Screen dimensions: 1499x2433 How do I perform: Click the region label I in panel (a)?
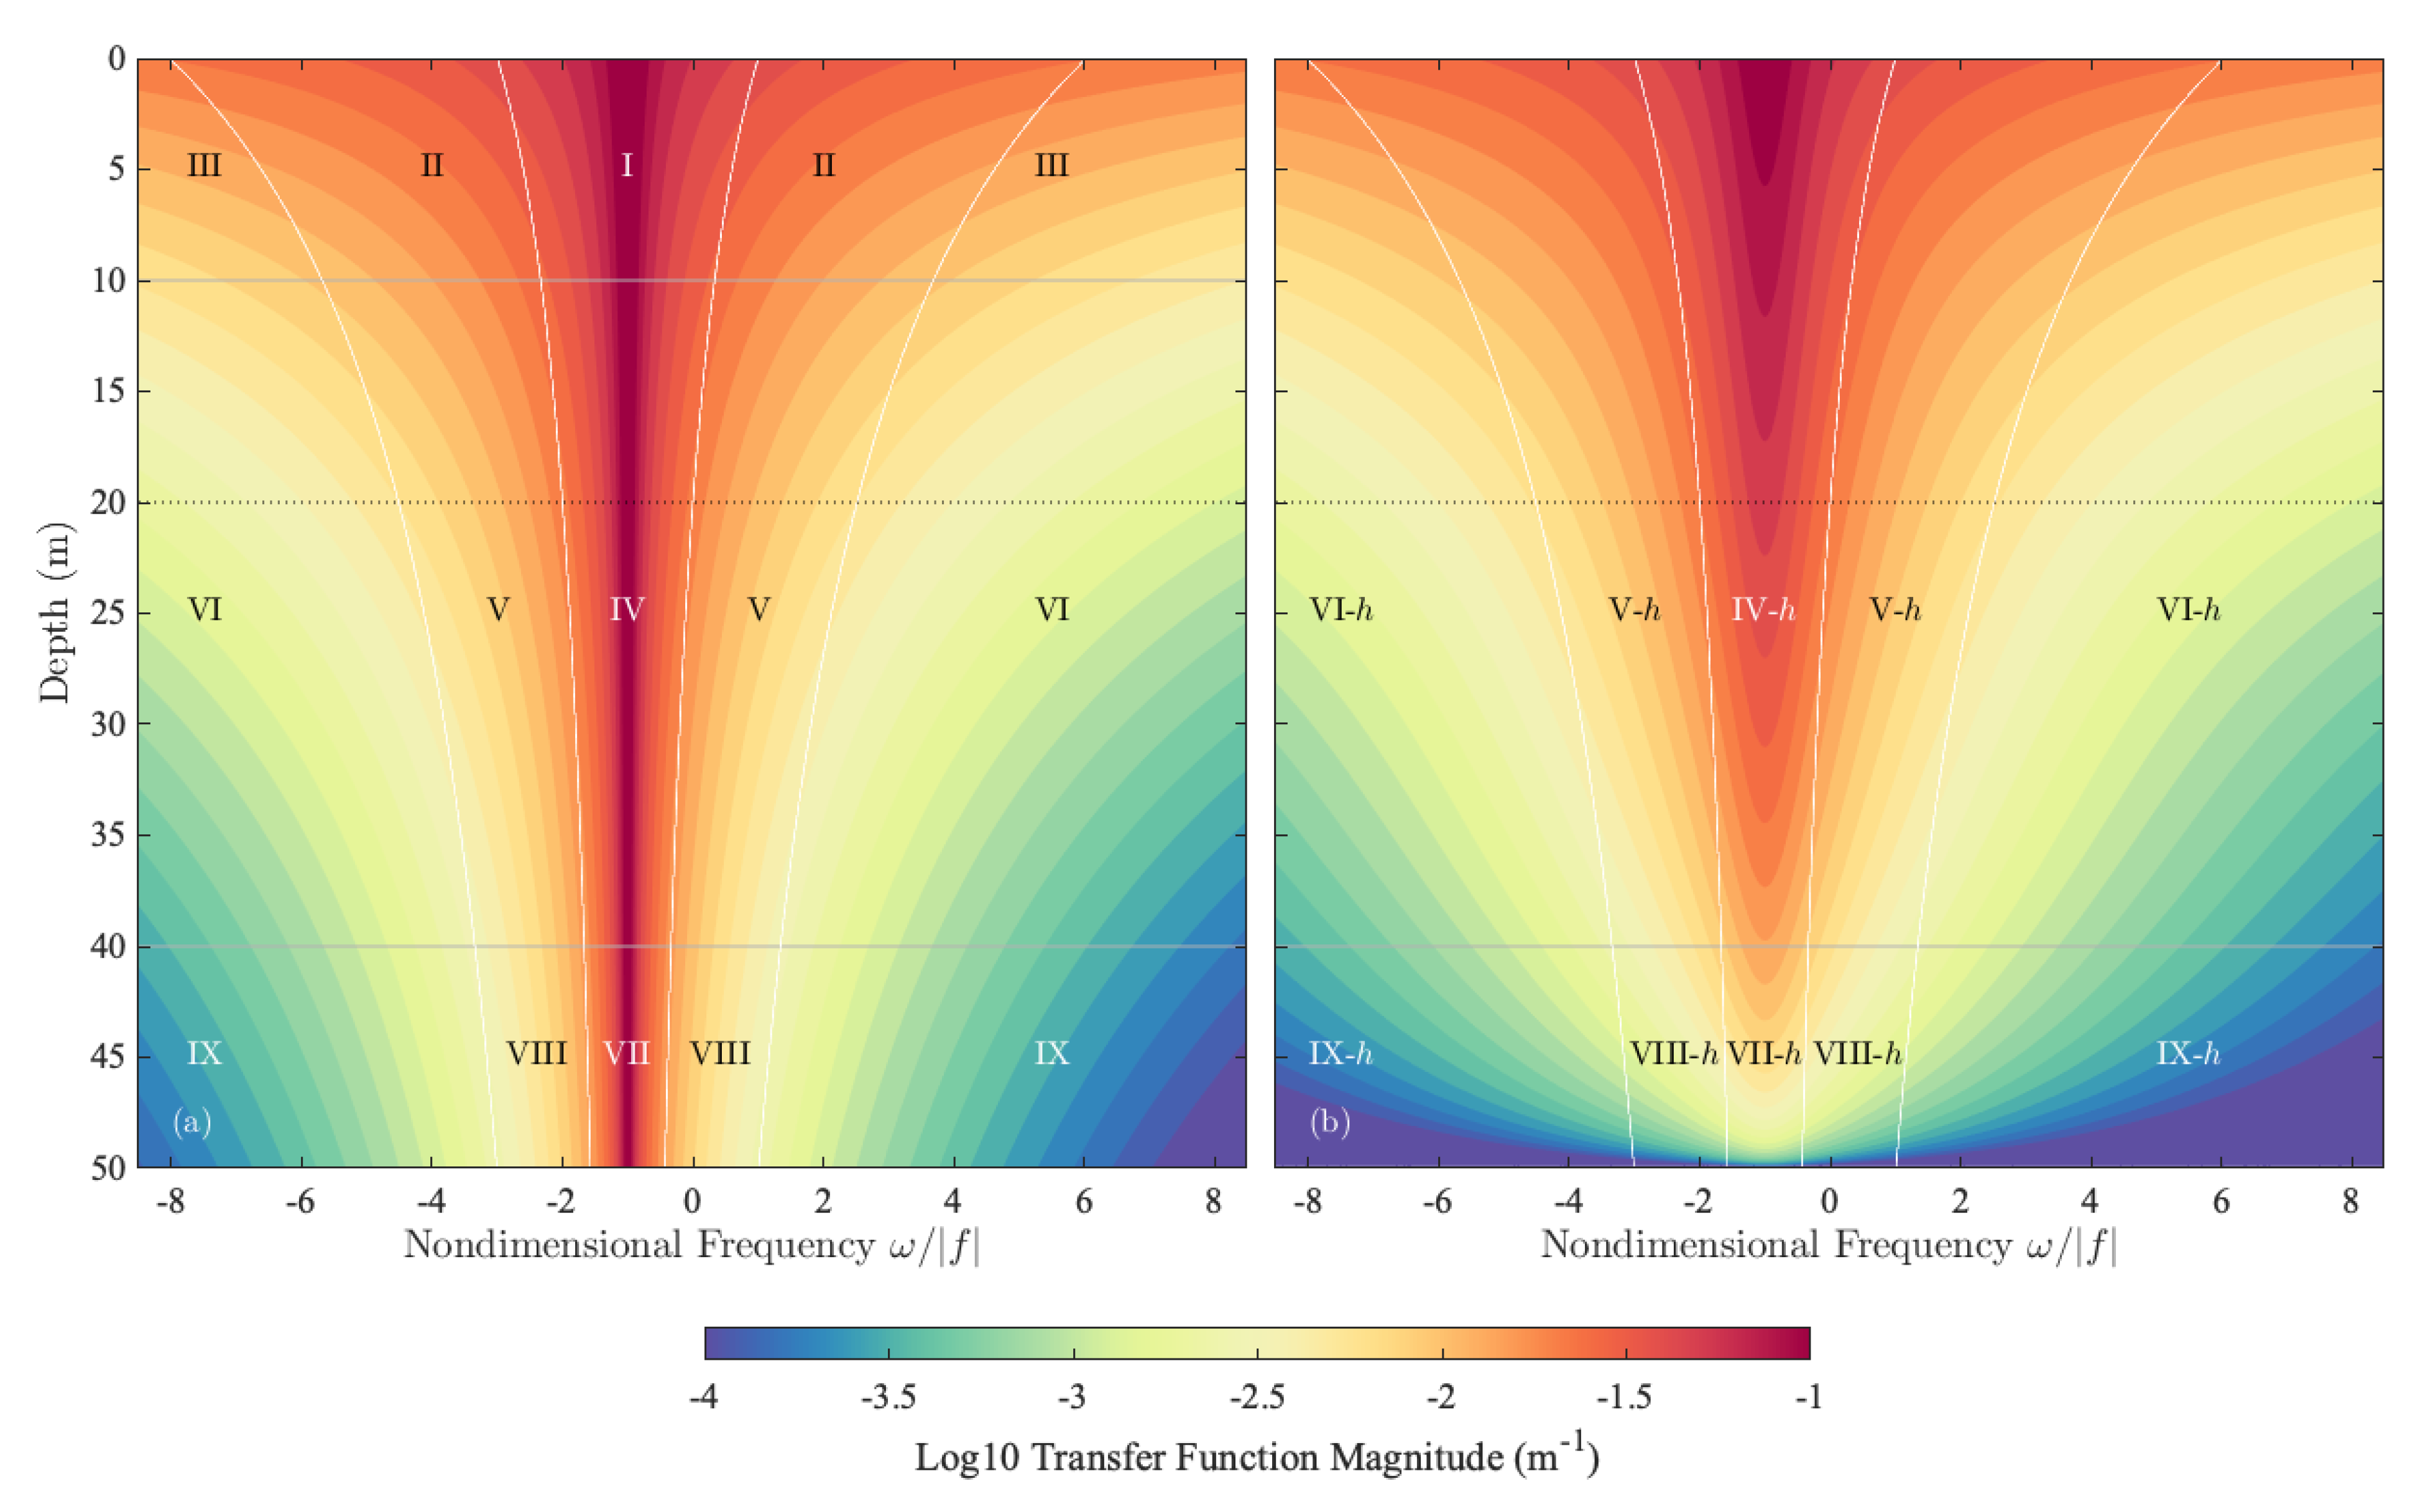[627, 165]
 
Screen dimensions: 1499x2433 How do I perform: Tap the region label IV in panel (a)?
[627, 609]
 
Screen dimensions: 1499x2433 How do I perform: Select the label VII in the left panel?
[627, 1053]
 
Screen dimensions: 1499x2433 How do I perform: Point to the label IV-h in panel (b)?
[1763, 609]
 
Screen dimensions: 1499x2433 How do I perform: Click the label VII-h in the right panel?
[1764, 1053]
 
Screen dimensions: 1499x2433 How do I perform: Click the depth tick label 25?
[108, 612]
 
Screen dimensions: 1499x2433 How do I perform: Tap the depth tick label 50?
[108, 1168]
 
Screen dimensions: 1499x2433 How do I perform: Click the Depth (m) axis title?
[55, 612]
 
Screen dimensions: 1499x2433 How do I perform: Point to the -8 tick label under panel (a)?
[170, 1202]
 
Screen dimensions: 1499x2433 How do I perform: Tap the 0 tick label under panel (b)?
[1829, 1202]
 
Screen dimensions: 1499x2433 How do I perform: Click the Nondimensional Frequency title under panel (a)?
[691, 1245]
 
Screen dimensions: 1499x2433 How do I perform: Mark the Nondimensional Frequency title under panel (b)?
[1828, 1245]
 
